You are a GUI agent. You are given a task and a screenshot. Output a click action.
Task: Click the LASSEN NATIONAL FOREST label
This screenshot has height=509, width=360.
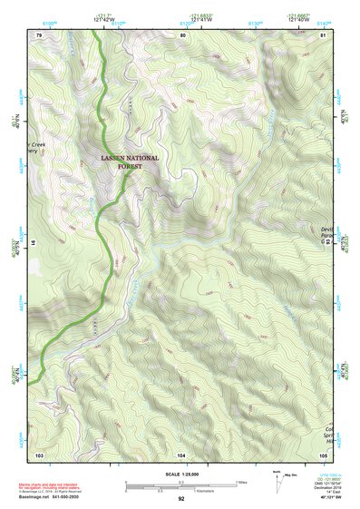pyautogui.click(x=129, y=162)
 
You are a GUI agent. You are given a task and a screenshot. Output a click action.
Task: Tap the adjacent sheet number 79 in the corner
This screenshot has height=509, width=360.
pyautogui.click(x=39, y=34)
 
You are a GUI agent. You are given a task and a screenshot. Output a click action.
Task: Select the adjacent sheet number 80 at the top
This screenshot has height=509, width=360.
pyautogui.click(x=182, y=34)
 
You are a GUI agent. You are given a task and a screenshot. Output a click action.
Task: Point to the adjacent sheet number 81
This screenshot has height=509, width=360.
pyautogui.click(x=324, y=34)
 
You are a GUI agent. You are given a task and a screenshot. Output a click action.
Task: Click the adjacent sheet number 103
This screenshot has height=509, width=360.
pyautogui.click(x=39, y=453)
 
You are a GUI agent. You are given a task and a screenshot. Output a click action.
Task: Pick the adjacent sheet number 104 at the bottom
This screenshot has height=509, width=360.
pyautogui.click(x=181, y=453)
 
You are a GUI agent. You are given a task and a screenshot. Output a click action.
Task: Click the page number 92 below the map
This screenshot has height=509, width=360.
pyautogui.click(x=181, y=499)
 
